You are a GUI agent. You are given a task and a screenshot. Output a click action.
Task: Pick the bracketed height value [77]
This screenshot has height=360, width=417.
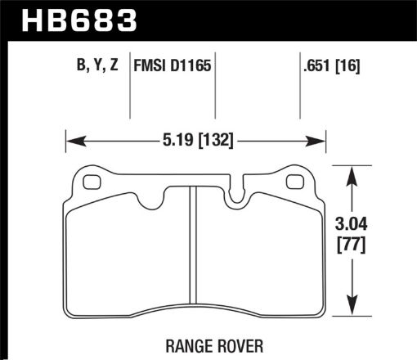click(352, 243)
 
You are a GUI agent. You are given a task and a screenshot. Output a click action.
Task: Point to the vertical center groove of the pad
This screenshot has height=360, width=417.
click(190, 245)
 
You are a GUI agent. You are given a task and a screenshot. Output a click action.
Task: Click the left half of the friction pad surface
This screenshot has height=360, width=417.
click(127, 254)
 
